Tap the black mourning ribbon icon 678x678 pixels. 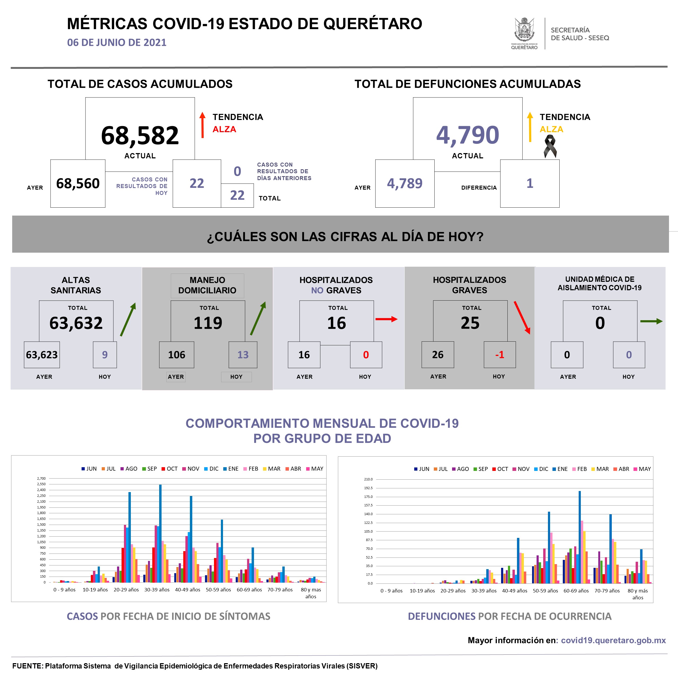pyautogui.click(x=550, y=146)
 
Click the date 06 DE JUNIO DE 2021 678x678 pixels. pyautogui.click(x=117, y=42)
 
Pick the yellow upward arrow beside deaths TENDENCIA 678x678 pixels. pyautogui.click(x=530, y=127)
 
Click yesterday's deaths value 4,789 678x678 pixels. pyautogui.click(x=405, y=184)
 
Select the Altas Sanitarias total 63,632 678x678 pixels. pyautogui.click(x=76, y=323)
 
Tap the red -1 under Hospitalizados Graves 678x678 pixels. pyautogui.click(x=499, y=355)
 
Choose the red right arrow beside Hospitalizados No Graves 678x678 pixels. pyautogui.click(x=386, y=319)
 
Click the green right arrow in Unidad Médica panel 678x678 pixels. pyautogui.click(x=651, y=321)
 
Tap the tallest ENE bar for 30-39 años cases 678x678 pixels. pyautogui.click(x=160, y=533)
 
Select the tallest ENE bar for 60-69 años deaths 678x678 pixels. pyautogui.click(x=579, y=537)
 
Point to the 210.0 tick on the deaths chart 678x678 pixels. pyautogui.click(x=368, y=479)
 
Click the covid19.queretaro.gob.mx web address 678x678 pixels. pyautogui.click(x=613, y=640)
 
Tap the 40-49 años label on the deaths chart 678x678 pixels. pyautogui.click(x=515, y=591)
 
